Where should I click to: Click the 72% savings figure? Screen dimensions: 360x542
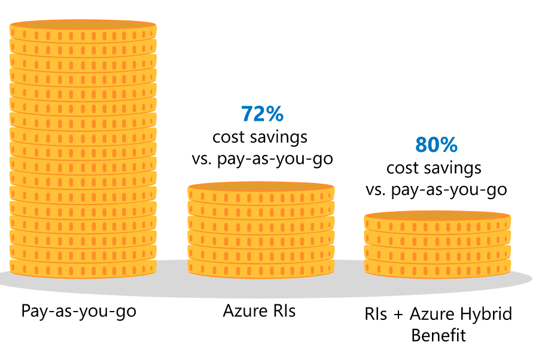coord(261,114)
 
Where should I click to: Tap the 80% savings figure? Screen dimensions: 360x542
coord(436,145)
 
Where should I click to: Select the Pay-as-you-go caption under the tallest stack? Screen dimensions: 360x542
coord(78,311)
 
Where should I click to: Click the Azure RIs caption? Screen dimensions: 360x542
coord(259,311)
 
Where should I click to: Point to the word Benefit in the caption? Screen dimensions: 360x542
coord(438,334)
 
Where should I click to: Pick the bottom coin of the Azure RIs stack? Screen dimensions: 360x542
coord(261,266)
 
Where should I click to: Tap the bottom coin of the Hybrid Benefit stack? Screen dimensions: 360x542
coord(437,266)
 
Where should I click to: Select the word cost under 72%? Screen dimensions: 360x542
coord(229,137)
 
